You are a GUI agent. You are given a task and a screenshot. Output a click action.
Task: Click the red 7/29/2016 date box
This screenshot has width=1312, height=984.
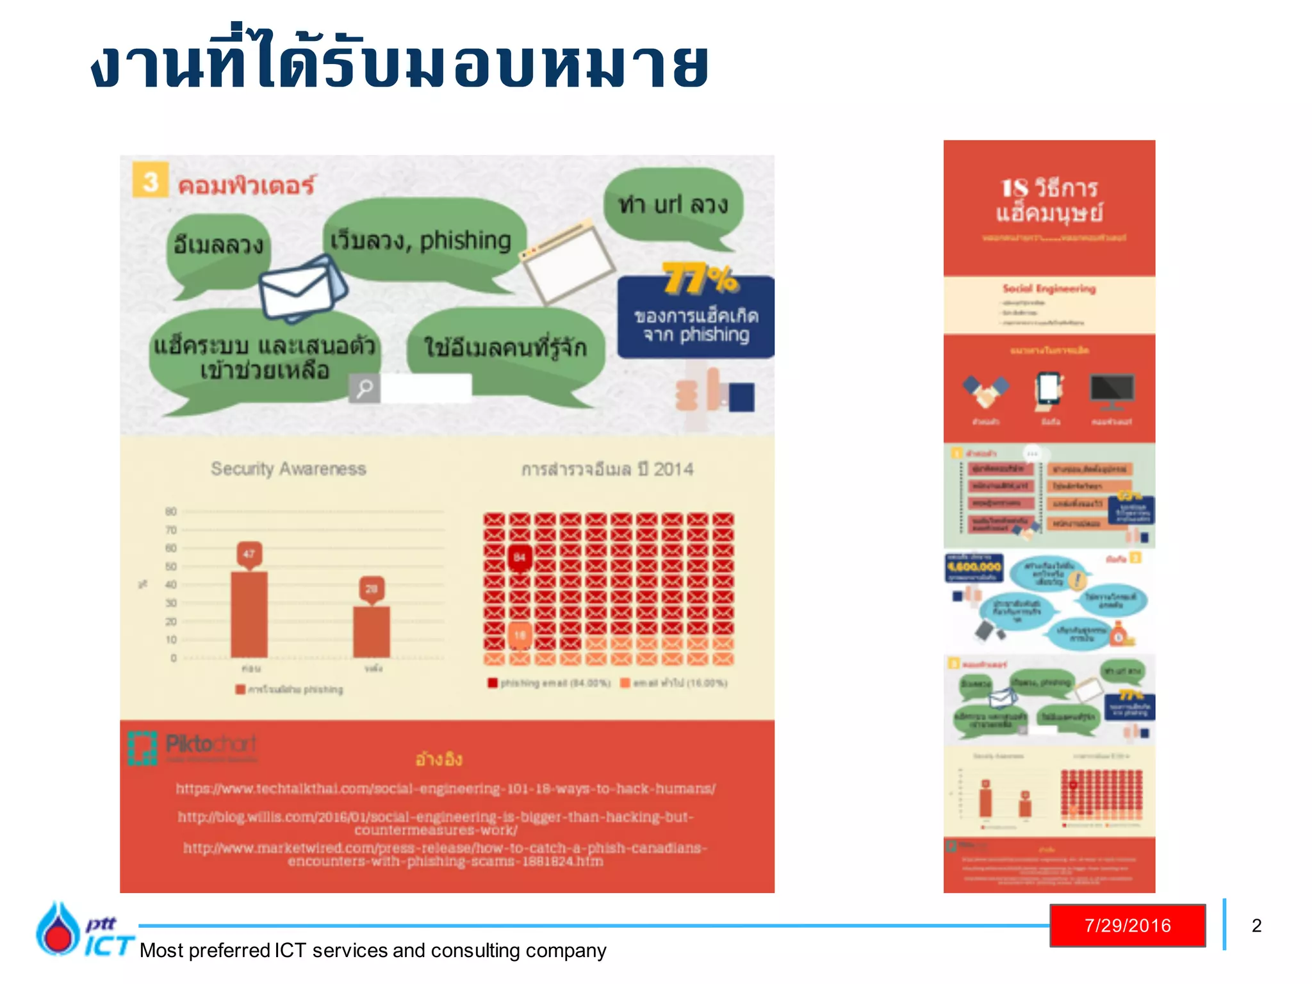1127,925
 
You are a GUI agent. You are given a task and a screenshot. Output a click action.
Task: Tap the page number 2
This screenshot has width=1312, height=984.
1256,926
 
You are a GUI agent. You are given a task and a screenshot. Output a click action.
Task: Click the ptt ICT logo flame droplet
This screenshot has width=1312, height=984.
58,929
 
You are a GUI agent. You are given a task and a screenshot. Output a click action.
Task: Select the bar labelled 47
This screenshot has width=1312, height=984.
249,614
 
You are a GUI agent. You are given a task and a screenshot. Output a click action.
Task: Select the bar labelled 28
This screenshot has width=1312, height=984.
372,631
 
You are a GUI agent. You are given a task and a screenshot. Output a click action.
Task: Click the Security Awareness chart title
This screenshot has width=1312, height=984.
288,469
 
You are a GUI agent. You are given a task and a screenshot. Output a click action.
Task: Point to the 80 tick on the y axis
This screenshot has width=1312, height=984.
170,511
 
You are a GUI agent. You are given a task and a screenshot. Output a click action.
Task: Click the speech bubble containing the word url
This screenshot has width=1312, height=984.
673,205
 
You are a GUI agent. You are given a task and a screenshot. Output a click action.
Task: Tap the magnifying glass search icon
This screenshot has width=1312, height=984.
365,388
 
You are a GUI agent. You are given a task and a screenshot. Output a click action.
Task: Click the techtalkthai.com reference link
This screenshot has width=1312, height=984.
445,789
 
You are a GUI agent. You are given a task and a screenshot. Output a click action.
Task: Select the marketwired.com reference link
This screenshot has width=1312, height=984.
445,854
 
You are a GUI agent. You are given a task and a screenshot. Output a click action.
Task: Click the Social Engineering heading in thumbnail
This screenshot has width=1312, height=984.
1049,288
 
